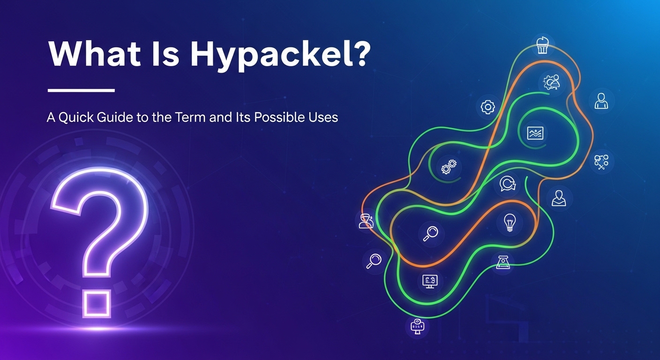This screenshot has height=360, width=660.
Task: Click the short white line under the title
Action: (x=82, y=90)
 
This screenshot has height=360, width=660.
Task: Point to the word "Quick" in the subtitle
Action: (x=81, y=117)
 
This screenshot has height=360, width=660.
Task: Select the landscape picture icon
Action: (x=535, y=133)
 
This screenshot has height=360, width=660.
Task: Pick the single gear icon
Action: (x=488, y=107)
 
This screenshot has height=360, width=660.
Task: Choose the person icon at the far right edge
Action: (x=601, y=100)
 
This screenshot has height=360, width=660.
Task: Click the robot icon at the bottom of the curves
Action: (x=416, y=326)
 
